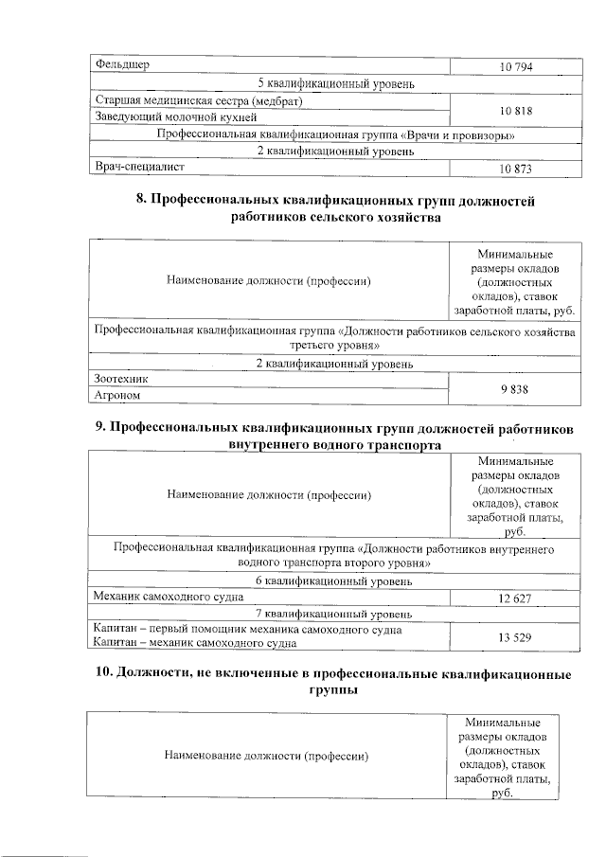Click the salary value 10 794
point(516,65)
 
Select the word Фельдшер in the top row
point(123,64)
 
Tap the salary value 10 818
point(516,109)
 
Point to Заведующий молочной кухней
point(161,117)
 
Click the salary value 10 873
point(516,169)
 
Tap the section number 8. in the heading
point(144,201)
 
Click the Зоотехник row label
point(122,379)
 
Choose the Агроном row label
point(117,396)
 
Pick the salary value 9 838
point(516,388)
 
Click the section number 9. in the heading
point(102,427)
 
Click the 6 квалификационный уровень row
point(334,580)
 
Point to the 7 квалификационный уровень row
point(334,614)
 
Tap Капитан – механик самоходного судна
point(194,644)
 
